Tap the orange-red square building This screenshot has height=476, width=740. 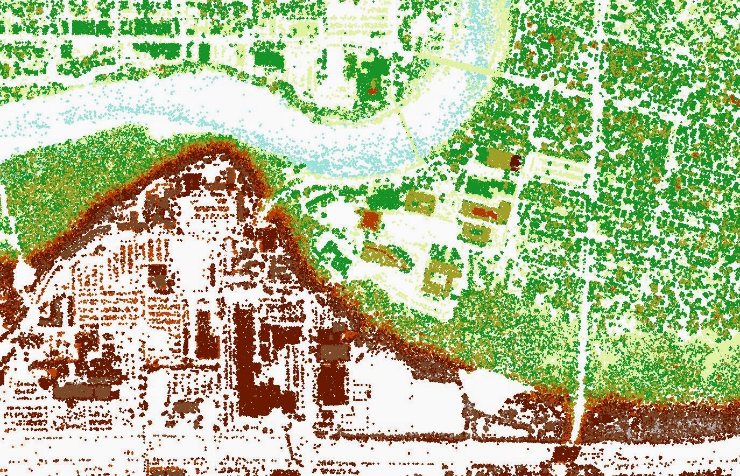pos(370,219)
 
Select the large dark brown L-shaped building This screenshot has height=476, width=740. pos(253,366)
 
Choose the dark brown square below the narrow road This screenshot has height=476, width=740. pos(564,453)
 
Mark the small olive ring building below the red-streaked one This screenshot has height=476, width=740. pos(476,233)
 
